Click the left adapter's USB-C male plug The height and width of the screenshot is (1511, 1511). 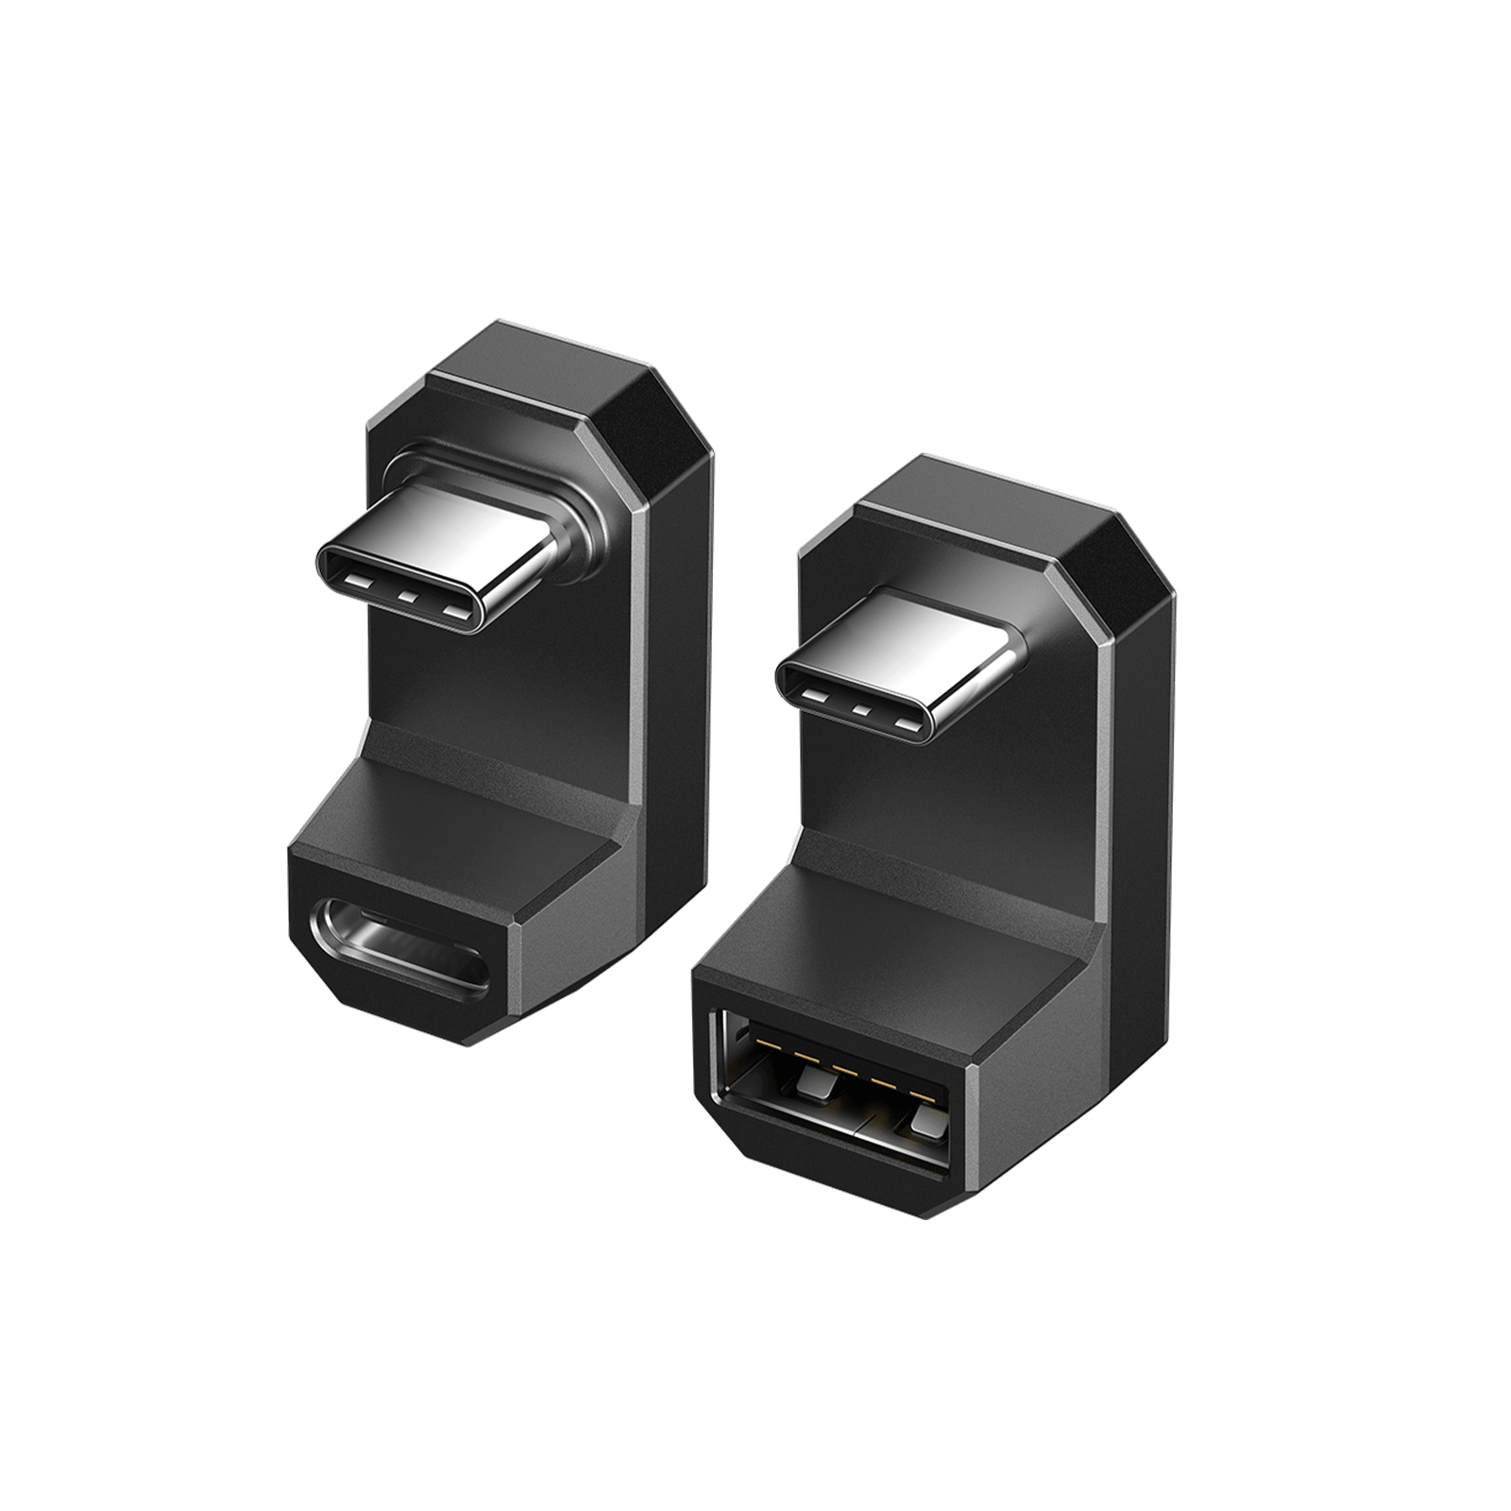point(444,557)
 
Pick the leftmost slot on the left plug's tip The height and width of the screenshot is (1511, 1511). point(360,577)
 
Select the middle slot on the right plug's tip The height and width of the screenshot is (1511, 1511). point(858,710)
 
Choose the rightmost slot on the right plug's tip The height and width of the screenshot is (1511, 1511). point(908,726)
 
